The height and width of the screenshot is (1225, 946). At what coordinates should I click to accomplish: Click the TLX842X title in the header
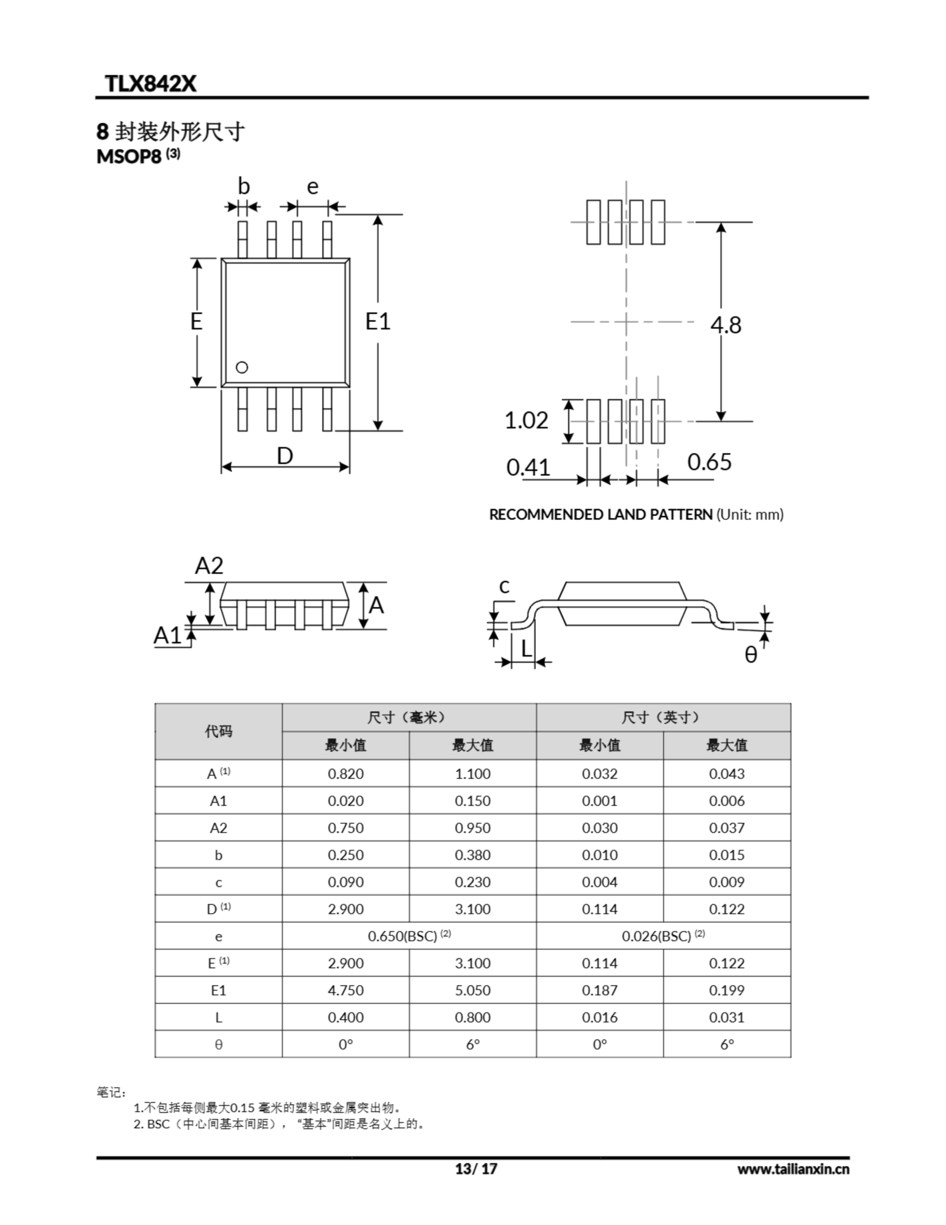click(x=150, y=84)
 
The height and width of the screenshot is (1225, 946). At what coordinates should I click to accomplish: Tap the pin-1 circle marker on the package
click(x=242, y=367)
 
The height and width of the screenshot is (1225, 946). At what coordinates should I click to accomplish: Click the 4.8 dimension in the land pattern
click(x=726, y=325)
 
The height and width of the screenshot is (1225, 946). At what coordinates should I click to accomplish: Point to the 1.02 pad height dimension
click(x=526, y=420)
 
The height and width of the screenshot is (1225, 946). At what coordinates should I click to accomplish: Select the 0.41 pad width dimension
click(x=528, y=467)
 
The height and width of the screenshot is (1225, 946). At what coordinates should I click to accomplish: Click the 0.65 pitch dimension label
click(x=709, y=462)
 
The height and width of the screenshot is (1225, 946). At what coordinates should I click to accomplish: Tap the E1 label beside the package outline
click(x=377, y=322)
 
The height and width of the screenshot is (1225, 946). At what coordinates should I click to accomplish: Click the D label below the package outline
click(x=285, y=456)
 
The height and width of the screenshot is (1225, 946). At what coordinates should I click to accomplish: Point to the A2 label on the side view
click(x=209, y=566)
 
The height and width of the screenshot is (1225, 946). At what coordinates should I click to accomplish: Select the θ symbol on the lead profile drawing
click(x=750, y=654)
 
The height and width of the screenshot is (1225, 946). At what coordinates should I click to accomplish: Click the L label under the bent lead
click(x=526, y=649)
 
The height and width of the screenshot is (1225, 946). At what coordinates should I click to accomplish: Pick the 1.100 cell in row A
click(x=472, y=773)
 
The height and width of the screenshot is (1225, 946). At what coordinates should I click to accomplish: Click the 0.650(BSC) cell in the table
click(x=409, y=935)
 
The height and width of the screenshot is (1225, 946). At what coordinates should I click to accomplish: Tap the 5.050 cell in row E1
click(x=472, y=990)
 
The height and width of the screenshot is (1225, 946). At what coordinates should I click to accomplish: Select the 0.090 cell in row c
click(x=345, y=882)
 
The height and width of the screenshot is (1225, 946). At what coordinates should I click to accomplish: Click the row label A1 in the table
click(x=218, y=801)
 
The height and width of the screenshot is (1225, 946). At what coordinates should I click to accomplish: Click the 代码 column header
click(x=218, y=731)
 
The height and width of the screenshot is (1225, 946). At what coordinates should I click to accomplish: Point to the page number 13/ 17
click(x=475, y=1169)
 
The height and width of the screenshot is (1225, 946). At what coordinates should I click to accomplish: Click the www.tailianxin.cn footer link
click(x=793, y=1169)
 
